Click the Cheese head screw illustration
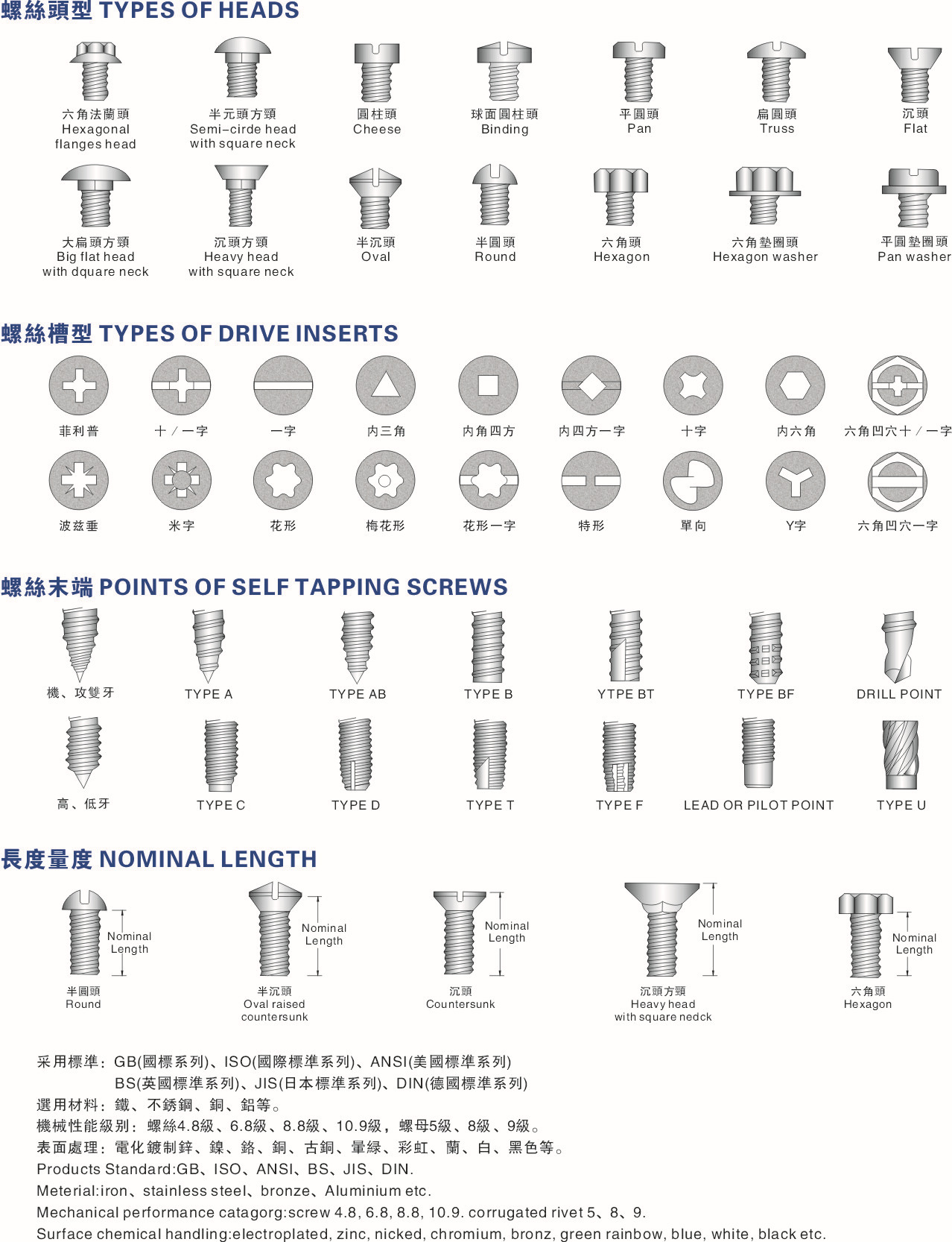tap(377, 72)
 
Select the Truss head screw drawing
tap(776, 72)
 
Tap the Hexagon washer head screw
tap(765, 195)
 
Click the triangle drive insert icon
tap(385, 385)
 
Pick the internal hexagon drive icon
tap(795, 385)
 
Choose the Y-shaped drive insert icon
tap(795, 482)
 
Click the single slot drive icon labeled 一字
tap(283, 385)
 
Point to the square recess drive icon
tap(488, 385)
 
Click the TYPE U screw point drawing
tap(900, 754)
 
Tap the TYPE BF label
tap(766, 694)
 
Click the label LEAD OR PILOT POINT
tap(758, 805)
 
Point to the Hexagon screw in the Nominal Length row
tap(866, 935)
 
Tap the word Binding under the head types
tap(504, 129)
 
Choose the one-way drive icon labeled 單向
tap(692, 482)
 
